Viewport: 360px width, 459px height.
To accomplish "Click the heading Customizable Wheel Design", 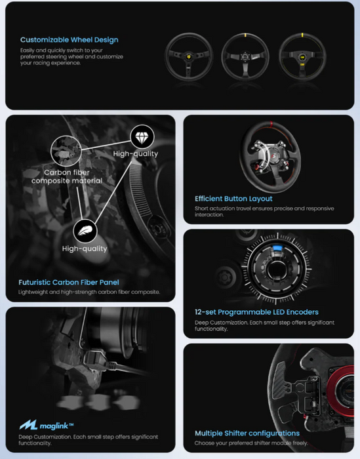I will pos(69,39).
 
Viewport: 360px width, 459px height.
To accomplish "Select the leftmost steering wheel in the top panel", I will pos(188,55).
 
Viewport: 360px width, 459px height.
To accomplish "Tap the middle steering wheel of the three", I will pos(246,55).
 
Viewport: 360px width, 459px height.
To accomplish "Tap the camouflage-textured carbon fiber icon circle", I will pos(64,148).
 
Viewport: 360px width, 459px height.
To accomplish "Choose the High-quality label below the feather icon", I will pos(85,249).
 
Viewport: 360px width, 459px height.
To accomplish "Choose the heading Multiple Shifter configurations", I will pos(247,433).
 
